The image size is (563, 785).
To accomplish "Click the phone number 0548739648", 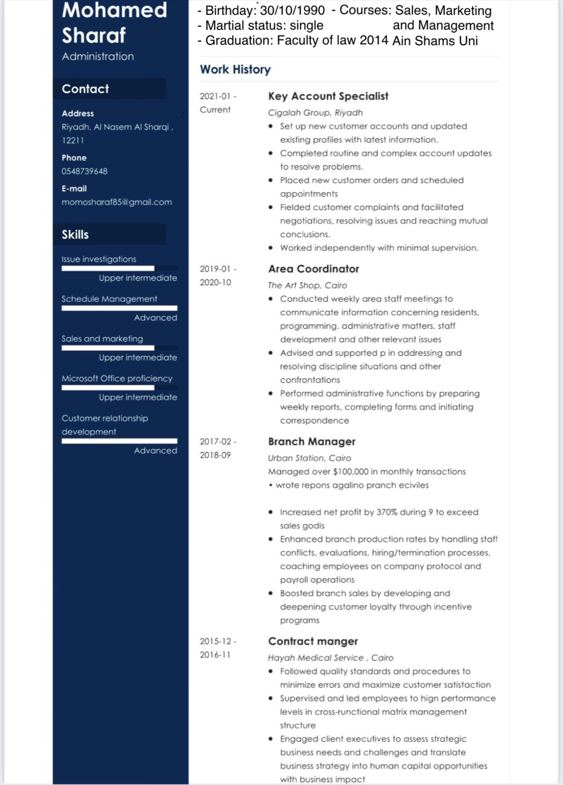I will point(85,171).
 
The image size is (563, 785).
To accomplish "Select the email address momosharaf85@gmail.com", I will point(116,202).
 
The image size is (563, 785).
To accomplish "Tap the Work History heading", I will point(235,70).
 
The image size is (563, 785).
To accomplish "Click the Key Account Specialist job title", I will point(328,96).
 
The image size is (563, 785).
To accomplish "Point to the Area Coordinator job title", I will point(314,269).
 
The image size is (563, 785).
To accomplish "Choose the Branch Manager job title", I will point(312,442).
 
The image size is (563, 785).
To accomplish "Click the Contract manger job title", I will point(313,642).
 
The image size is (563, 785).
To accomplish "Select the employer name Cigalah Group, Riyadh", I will point(315,113).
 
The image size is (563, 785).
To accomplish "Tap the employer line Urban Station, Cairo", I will point(309,458).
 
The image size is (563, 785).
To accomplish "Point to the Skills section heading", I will point(75,235).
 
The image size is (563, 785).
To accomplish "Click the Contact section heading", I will point(85,89).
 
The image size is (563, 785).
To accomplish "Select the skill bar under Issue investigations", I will point(119,269).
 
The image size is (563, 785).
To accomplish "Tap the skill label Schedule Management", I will point(109,299).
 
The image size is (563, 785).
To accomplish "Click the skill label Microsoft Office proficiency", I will point(117,379).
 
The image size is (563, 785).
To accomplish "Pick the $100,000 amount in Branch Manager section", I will point(350,472).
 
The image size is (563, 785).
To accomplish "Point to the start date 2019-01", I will point(215,269).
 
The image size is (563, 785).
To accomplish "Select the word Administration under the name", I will point(98,56).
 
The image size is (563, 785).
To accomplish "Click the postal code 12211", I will point(73,141).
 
